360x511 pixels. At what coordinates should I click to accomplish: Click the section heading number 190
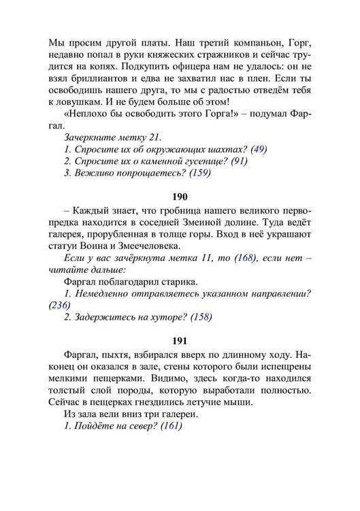click(180, 197)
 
